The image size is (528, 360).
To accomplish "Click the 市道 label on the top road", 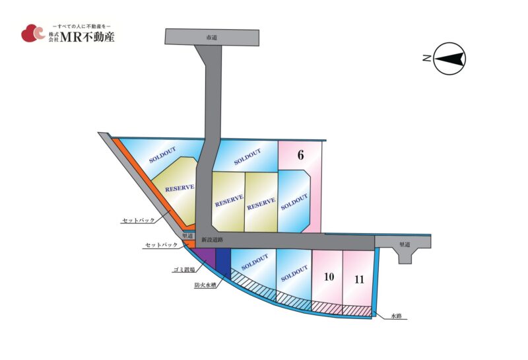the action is [x=211, y=38].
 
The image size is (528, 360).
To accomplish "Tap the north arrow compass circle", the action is [x=449, y=58].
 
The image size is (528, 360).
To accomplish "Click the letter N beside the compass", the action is [x=426, y=58].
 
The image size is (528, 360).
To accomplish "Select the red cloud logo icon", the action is [x=33, y=33].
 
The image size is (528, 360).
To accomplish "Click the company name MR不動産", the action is [x=87, y=37].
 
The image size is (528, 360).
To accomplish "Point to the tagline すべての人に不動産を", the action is [x=82, y=26].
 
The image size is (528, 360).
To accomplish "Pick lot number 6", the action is [x=300, y=155].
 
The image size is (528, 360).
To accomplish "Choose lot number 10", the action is [x=329, y=277].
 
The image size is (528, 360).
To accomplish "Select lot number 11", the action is [x=359, y=279].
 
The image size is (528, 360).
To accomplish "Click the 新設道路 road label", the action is [x=212, y=240].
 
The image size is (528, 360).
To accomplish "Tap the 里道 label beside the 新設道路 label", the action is [x=187, y=236].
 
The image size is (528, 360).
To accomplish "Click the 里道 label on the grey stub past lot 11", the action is [x=405, y=244].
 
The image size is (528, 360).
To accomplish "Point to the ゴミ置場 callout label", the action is [x=184, y=270].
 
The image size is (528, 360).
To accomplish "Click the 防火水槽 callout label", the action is [x=205, y=285].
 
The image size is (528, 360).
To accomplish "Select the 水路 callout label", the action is [x=396, y=316].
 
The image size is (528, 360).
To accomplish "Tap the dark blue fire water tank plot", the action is [x=223, y=263].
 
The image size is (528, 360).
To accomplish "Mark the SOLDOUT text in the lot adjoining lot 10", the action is [x=294, y=273].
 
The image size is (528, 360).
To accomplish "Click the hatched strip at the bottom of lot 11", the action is [x=357, y=310].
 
